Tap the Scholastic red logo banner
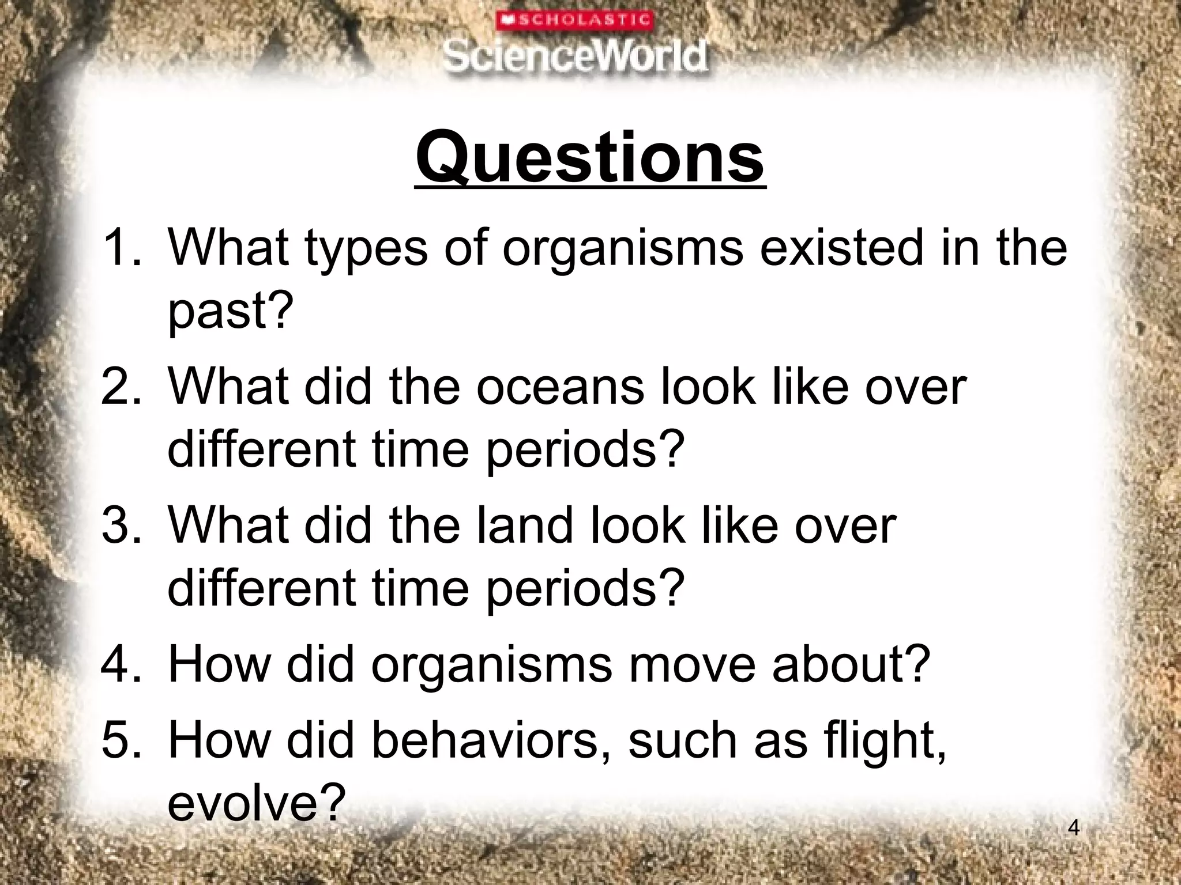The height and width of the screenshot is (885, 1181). pyautogui.click(x=574, y=21)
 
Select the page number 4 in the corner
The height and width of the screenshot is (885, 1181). pyautogui.click(x=1073, y=828)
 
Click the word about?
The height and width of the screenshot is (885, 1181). pyautogui.click(x=851, y=664)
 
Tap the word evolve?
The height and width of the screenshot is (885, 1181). pyautogui.click(x=256, y=803)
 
